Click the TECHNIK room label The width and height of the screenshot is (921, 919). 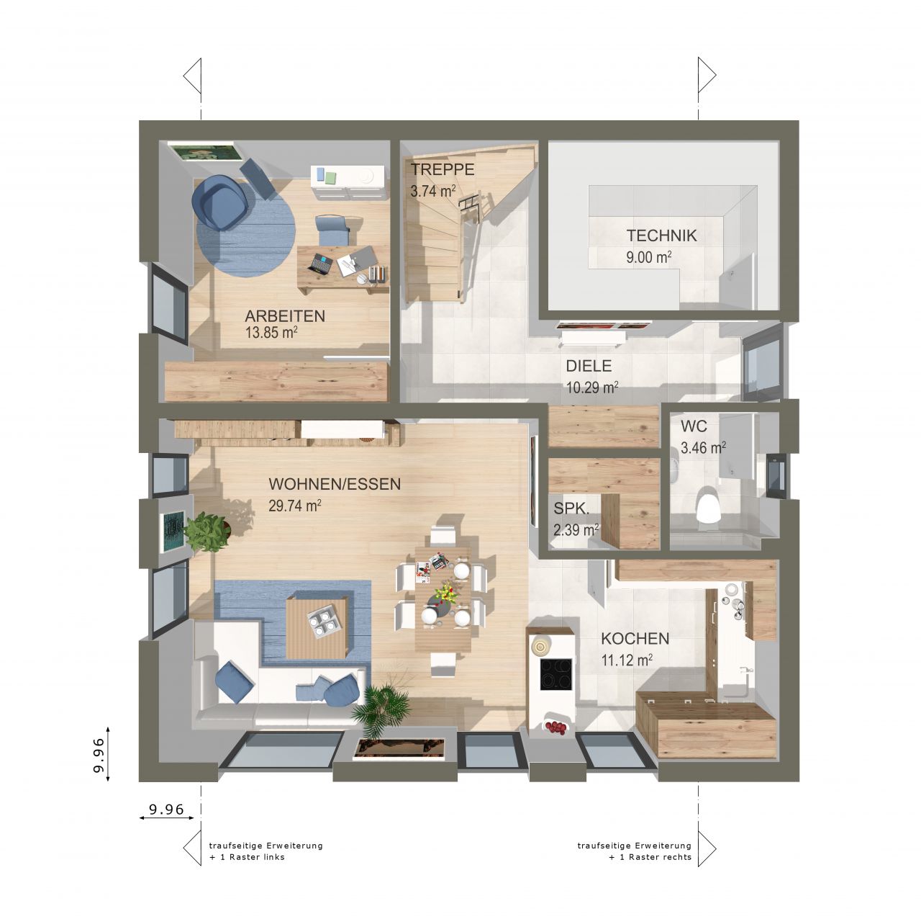[661, 236]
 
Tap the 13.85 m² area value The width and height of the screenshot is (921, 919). [271, 332]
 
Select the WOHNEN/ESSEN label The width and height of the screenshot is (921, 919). [335, 484]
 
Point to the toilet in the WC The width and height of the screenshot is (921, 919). [708, 505]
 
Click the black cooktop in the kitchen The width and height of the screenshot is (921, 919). [556, 674]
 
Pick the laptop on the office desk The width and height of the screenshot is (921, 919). [320, 264]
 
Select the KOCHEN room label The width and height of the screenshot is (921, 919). [635, 638]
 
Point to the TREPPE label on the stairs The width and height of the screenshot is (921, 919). [443, 169]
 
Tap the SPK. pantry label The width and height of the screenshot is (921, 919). [571, 508]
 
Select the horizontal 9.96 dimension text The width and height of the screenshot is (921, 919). [166, 809]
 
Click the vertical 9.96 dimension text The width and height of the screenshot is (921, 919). [99, 755]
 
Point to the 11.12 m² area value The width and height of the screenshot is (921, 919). [627, 660]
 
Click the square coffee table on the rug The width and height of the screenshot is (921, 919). [317, 627]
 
